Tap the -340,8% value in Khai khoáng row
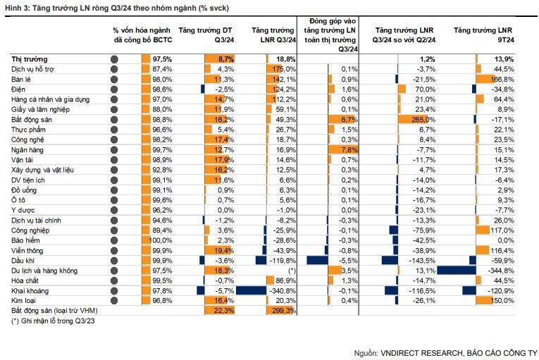(x=283, y=290)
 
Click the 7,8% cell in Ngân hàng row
(x=349, y=150)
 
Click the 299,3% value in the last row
(x=283, y=310)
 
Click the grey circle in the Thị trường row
(x=114, y=61)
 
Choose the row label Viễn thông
(x=27, y=250)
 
